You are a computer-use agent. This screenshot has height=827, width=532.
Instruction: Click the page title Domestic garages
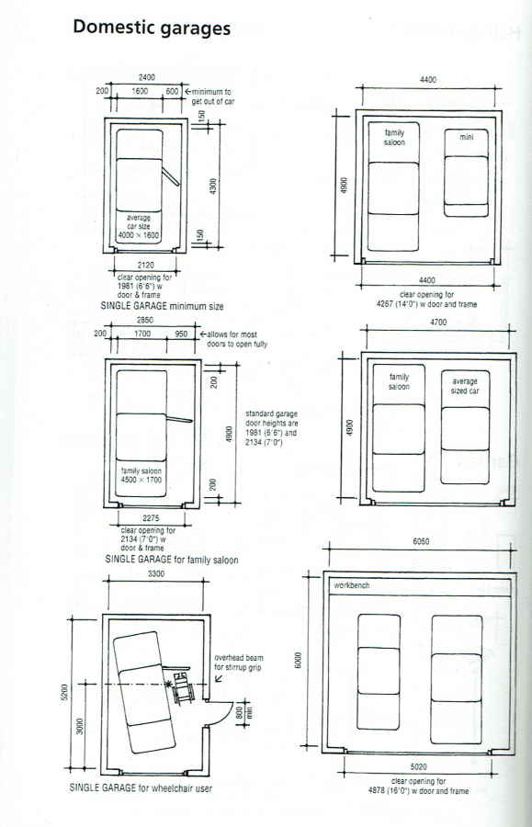click(x=151, y=28)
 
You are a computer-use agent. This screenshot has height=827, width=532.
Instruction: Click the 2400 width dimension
click(x=147, y=78)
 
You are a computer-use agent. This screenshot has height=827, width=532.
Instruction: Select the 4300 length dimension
click(x=213, y=186)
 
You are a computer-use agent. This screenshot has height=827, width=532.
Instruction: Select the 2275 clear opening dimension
click(x=147, y=519)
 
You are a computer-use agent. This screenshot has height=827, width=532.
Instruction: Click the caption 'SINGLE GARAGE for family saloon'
click(x=165, y=558)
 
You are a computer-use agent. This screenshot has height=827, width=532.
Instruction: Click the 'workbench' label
click(x=351, y=584)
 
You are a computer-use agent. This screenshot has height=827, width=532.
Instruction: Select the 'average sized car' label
click(x=464, y=386)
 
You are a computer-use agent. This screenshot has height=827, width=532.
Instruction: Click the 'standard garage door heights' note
click(x=264, y=428)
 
